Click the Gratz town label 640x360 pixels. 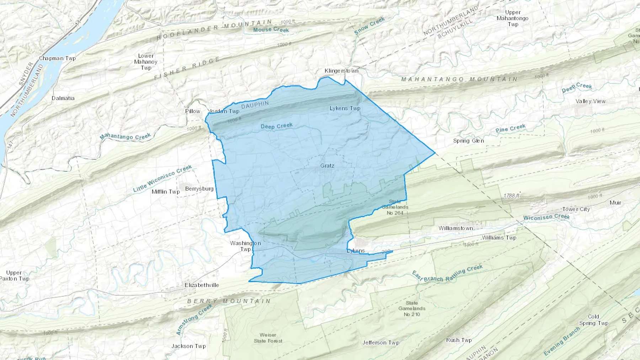pos(327,166)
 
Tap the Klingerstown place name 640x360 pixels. pos(341,71)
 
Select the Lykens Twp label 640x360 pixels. pos(345,108)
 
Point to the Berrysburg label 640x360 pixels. pos(199,189)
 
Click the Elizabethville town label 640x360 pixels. pos(202,285)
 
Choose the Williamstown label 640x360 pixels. pos(455,228)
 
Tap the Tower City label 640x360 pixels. pos(576,209)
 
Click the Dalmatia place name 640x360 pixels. pos(63,98)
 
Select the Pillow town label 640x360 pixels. pos(193,111)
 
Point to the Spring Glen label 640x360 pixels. pos(468,141)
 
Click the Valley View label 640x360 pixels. pos(590,101)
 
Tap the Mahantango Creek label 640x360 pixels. pos(125,136)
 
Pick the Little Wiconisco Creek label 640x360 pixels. pos(162,178)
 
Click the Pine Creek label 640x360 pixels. pos(510,128)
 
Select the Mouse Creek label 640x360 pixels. pos(271,30)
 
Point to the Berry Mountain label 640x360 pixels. pos(229,301)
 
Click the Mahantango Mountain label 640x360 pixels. pos(459,79)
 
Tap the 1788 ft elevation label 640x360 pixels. pos(511,196)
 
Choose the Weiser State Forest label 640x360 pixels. pos(268,338)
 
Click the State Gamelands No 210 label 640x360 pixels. pos(412,308)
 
